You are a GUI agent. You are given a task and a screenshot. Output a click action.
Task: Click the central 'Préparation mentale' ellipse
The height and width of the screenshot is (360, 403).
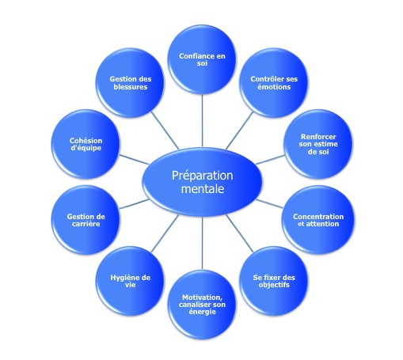coord(203,182)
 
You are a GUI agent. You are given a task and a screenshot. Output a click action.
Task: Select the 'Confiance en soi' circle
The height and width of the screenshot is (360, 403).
coord(202,59)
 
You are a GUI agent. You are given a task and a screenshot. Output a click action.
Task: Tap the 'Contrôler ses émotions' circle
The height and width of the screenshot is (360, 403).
coord(274,83)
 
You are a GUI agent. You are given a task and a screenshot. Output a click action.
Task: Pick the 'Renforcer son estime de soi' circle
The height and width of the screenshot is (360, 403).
coord(318,144)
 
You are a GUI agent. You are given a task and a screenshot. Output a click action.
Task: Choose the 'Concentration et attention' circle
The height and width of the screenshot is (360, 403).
coord(318,220)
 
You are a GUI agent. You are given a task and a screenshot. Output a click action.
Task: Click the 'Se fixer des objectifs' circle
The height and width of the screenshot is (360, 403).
coord(274,281)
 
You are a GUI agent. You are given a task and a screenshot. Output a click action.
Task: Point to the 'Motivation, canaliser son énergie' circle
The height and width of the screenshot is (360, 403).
coord(202,305)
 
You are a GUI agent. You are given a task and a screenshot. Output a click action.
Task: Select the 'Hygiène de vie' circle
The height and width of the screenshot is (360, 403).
coord(130,281)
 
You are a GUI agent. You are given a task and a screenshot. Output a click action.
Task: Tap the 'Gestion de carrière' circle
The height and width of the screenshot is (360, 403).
coord(86,220)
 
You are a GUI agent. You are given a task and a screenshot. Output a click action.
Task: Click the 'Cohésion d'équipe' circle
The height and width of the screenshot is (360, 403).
coord(86,144)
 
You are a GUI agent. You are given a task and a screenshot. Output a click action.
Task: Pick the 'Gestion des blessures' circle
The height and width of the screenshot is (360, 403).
coord(130,83)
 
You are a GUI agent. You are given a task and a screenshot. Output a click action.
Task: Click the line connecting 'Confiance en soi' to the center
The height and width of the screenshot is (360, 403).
coord(202,120)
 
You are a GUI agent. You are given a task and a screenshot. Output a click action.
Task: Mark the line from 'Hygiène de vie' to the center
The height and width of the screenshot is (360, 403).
coord(165,233)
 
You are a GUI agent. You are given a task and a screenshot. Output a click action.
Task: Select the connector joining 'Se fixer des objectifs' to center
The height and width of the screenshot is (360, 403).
coord(239,233)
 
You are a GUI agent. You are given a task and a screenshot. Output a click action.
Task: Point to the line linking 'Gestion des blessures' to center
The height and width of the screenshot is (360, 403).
coord(165,131)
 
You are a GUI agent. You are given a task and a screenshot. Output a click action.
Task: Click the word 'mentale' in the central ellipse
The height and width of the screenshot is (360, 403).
coord(203,189)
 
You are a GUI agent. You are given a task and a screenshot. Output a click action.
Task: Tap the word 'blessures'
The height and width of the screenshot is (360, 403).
coord(131,87)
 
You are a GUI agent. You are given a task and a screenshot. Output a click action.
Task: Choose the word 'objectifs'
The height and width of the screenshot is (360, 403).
coord(274,285)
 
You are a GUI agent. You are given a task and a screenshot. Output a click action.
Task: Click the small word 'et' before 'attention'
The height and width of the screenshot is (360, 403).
coord(301,224)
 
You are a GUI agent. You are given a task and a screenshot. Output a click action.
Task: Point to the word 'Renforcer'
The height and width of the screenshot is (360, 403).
coord(318,137)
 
